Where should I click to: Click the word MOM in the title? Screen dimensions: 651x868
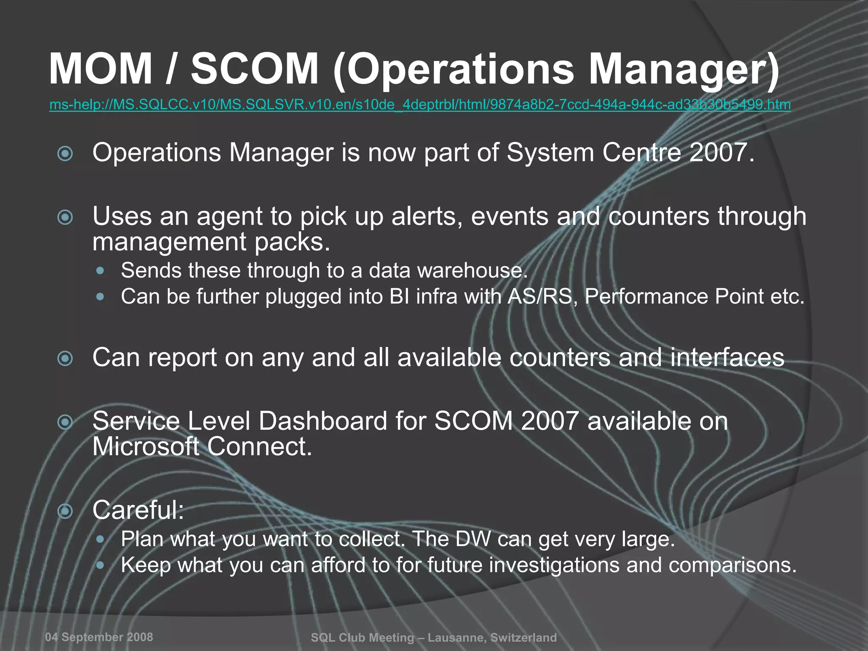point(100,69)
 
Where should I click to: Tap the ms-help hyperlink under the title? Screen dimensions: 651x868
point(420,104)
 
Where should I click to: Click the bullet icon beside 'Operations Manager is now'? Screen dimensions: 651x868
point(65,153)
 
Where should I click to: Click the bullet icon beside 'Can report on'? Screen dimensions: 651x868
point(65,359)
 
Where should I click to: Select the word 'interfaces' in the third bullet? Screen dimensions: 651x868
point(727,357)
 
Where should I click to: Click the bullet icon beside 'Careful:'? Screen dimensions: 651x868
point(65,511)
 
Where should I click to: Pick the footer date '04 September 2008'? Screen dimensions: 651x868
point(99,637)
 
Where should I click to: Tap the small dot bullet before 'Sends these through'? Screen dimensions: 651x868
point(100,270)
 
